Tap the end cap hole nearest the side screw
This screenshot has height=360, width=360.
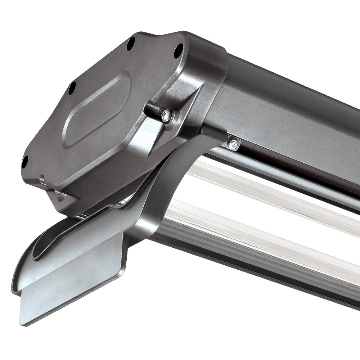point(178,51)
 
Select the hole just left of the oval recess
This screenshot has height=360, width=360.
point(72,88)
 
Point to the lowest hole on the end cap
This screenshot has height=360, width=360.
point(24,162)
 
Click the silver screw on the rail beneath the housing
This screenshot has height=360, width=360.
point(233,144)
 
